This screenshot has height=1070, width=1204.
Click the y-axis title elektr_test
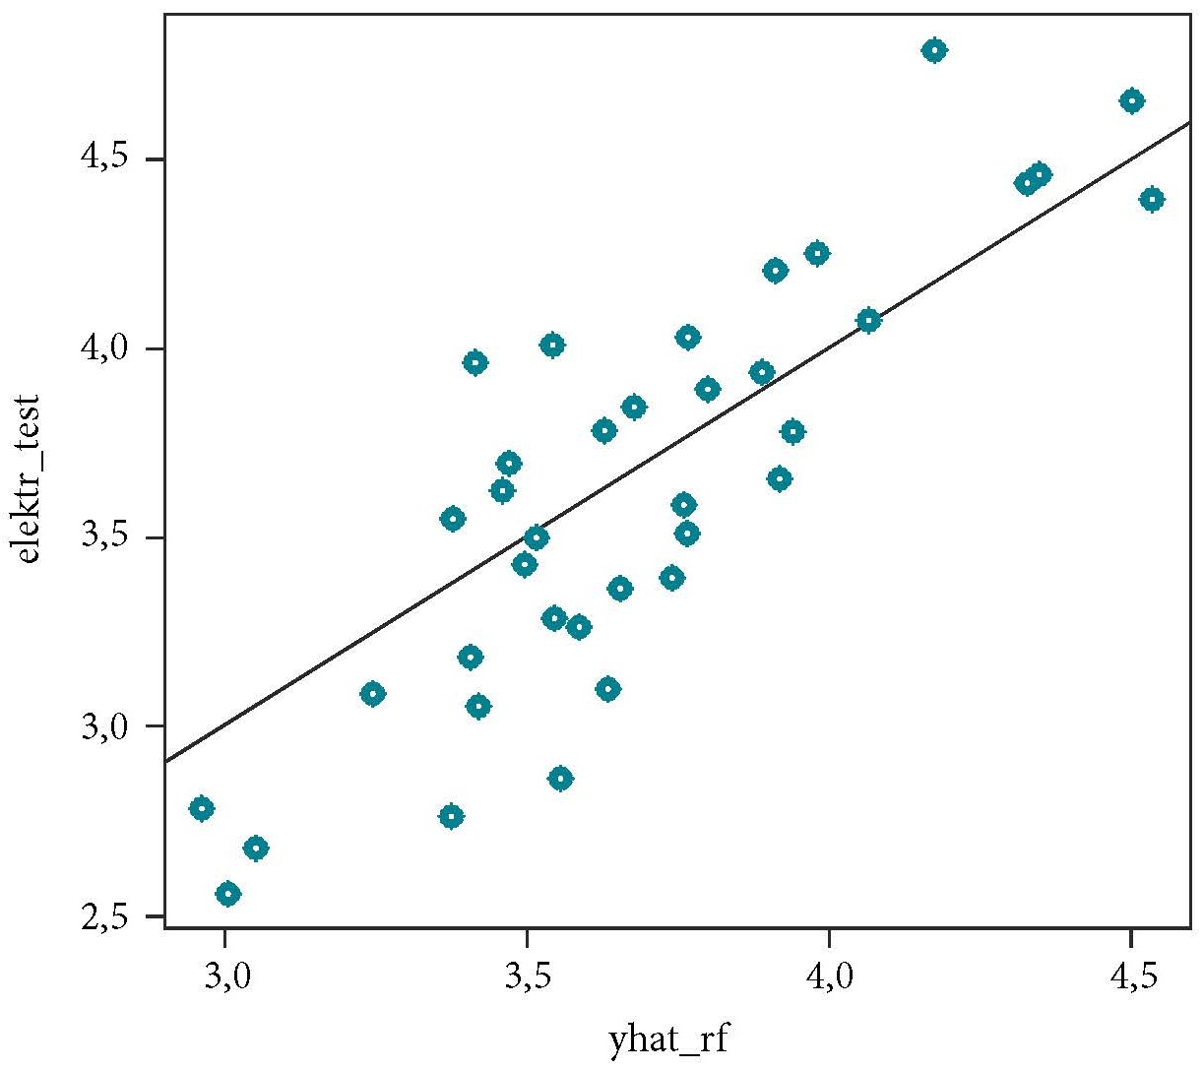click(29, 478)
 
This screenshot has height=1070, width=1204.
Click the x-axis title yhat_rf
click(669, 1039)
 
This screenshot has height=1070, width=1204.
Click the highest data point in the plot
click(934, 50)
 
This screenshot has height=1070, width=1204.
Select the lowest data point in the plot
click(228, 894)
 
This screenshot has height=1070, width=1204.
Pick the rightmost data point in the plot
click(1152, 199)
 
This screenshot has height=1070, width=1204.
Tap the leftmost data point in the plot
click(202, 808)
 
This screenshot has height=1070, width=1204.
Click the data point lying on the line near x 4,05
click(868, 320)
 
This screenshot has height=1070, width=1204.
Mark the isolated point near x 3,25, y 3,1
click(372, 694)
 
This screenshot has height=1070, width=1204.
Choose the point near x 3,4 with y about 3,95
click(475, 362)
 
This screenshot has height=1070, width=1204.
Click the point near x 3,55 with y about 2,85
click(560, 779)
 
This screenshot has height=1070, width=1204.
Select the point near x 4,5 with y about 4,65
click(1131, 100)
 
